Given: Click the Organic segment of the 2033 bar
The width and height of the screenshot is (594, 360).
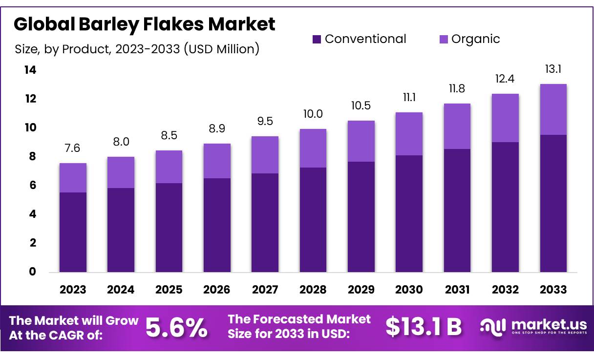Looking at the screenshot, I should (553, 109).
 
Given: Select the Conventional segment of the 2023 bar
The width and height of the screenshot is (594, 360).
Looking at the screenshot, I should (73, 232).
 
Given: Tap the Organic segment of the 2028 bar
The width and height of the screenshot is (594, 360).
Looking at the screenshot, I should (313, 148).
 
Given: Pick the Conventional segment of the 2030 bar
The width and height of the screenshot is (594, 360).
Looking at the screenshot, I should (409, 213).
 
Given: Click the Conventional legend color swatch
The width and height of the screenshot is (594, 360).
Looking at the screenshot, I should (317, 39).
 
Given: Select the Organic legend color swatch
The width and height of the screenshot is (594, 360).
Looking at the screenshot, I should (444, 39).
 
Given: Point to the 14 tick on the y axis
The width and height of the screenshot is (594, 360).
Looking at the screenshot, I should (30, 70).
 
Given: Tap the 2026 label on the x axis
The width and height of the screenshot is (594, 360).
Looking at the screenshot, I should (217, 290).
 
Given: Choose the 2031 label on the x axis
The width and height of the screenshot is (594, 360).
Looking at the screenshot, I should (457, 290).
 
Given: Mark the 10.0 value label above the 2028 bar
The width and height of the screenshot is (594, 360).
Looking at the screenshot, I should (313, 114).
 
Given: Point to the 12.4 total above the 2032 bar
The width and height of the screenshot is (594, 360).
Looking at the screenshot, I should (505, 79).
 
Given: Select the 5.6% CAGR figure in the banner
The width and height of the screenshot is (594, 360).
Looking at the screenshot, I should (176, 328).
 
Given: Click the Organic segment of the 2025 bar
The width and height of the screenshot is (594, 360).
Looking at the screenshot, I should (169, 167).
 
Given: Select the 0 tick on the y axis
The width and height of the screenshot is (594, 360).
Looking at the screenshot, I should (32, 272).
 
